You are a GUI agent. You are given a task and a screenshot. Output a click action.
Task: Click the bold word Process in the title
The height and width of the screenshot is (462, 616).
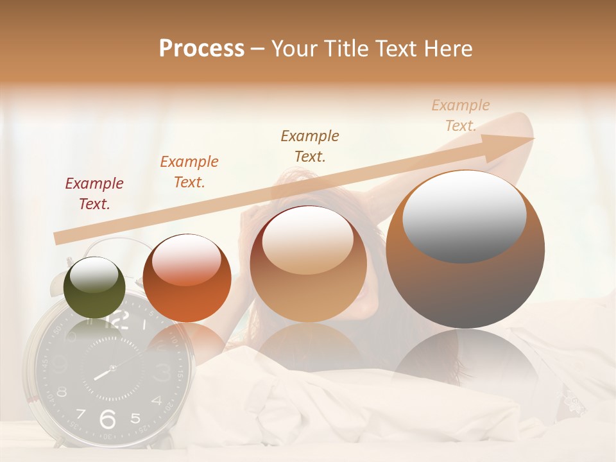(201, 49)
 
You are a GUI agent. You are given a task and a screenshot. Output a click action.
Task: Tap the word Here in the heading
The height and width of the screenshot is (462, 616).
(448, 49)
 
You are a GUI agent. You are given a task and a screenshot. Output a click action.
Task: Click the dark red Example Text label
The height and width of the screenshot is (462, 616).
(94, 194)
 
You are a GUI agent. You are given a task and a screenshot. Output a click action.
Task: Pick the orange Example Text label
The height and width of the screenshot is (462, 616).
(189, 172)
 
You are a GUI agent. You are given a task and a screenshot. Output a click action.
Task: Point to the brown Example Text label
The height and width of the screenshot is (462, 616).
(309, 146)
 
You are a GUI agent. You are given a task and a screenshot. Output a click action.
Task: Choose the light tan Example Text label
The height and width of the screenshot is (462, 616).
(460, 116)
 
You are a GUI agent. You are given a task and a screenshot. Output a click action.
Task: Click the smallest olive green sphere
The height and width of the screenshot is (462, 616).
(95, 287)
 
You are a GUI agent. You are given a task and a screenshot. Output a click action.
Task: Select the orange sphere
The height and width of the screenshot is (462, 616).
(187, 278)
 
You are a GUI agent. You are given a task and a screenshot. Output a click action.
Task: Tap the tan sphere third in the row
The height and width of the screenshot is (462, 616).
(309, 264)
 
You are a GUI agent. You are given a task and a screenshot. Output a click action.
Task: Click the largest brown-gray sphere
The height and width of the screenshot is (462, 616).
(465, 250)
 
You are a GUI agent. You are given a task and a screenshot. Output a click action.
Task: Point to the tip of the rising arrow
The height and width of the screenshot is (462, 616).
(532, 139)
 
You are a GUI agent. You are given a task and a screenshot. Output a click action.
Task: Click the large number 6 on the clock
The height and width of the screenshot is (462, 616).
(108, 419)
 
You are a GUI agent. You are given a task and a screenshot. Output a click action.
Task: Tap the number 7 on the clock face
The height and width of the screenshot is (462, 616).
(81, 414)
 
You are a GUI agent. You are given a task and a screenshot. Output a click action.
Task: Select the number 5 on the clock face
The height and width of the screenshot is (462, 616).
(135, 418)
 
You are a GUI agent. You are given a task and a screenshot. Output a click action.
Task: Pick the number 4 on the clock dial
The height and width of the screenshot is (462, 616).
(156, 401)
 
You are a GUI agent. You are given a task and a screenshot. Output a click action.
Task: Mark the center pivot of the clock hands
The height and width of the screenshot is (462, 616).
(112, 368)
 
